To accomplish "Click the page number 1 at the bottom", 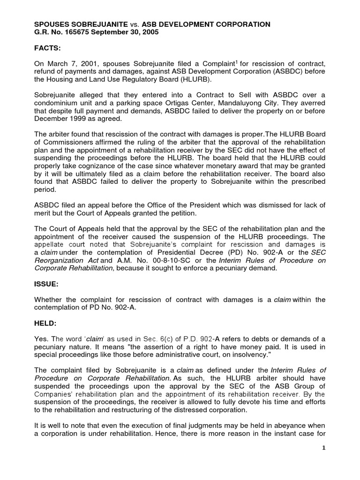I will tap(323, 448).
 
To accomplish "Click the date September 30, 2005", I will tap(123, 32).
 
